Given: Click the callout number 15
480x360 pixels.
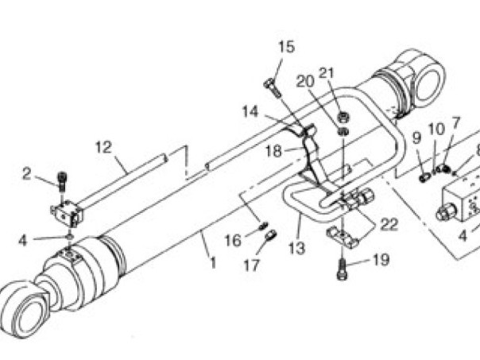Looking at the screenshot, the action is point(287,47).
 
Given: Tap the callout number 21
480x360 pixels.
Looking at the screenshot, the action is point(327,73).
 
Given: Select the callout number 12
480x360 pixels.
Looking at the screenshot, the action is point(103,148).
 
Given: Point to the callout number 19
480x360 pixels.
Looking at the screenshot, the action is point(381,260).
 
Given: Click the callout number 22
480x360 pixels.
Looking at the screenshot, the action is point(389,224).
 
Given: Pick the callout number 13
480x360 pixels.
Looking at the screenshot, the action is point(297,248).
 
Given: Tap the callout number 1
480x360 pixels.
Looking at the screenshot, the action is point(213,263).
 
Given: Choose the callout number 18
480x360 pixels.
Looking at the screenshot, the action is point(273,151).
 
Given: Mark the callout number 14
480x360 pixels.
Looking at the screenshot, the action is point(250,112).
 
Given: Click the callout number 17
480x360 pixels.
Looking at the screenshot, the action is point(252,265).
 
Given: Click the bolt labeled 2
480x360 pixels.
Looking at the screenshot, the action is point(62,181).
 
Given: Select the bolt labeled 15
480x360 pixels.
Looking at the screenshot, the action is point(272,88).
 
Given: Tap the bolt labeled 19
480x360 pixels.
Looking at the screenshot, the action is point(342,269).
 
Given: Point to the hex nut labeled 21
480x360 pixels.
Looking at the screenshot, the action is point(343,117).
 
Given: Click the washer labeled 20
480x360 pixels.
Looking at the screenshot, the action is point(343,132).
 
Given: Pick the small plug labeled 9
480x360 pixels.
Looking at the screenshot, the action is point(424,178).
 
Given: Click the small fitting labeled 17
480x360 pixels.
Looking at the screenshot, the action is point(271,236).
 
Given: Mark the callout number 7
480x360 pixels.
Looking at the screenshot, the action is point(456,122).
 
